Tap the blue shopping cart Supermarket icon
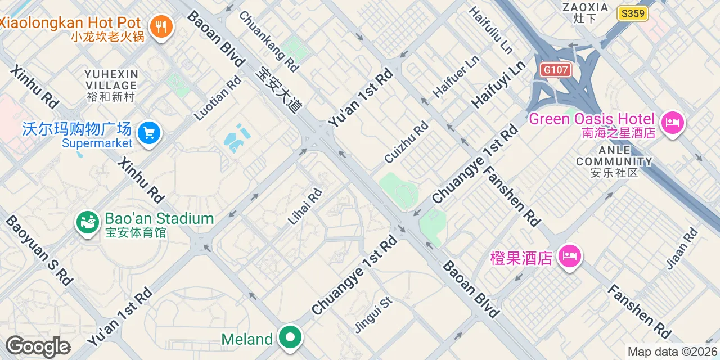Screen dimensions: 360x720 pos(149,133)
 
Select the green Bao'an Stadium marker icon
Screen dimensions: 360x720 pos(87,223)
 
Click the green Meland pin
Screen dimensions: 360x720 pos(290,337)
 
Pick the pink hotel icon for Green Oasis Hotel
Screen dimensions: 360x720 pos(672,122)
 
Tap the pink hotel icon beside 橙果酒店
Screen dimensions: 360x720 pos(569,256)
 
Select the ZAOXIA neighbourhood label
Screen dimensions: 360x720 pos(585,13)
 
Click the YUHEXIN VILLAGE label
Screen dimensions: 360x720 pos(111,85)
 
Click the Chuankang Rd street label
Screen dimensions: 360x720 pos(269,41)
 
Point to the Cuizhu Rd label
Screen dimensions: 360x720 pos(406,143)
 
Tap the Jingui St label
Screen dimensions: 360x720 pos(373,314)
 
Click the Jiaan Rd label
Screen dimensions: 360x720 pos(682,249)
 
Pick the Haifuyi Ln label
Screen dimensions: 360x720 pos(498,84)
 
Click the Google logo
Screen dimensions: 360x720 pos(38,347)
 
